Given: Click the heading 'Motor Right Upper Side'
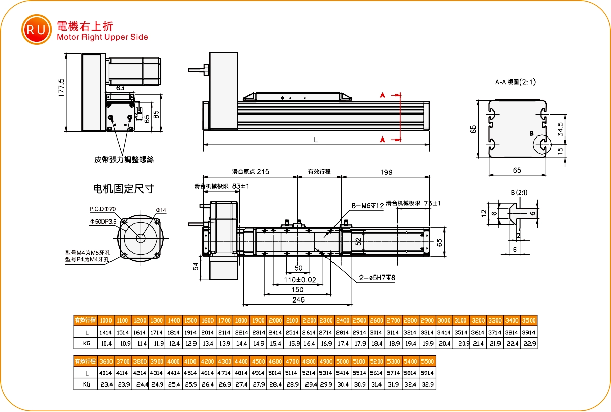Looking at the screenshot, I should (x=102, y=37).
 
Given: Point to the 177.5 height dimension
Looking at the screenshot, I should (x=62, y=88).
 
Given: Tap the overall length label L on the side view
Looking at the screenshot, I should (x=316, y=140).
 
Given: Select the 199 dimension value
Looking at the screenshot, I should (x=386, y=172).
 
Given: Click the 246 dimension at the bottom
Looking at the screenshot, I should (x=298, y=300).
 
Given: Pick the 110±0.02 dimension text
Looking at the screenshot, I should (x=299, y=279).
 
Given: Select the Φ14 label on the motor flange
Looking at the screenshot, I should (x=161, y=210).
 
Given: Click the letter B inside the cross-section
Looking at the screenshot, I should (x=531, y=133).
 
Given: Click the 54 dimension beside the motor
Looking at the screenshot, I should (x=195, y=267).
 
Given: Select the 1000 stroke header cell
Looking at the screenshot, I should (x=106, y=320).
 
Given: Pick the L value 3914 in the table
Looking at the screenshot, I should (x=529, y=332).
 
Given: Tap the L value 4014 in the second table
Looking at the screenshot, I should (x=106, y=373).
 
